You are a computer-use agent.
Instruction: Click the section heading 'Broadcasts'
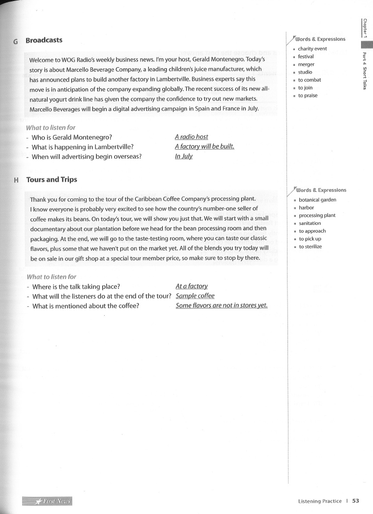(x=44, y=40)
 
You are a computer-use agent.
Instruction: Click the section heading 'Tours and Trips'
(x=52, y=180)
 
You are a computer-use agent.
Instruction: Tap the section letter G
(x=16, y=41)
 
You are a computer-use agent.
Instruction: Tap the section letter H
(x=16, y=180)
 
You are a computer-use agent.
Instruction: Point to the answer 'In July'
(x=183, y=157)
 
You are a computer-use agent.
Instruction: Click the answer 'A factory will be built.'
(x=204, y=147)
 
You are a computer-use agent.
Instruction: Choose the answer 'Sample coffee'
(x=195, y=296)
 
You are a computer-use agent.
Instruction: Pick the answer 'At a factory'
(x=191, y=286)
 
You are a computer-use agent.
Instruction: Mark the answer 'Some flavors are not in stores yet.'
(x=221, y=306)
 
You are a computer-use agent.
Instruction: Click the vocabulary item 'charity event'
(x=312, y=49)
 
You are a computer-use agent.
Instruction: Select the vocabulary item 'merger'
(x=306, y=64)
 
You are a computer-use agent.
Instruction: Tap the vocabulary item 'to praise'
(x=308, y=96)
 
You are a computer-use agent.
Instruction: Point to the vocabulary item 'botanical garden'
(x=317, y=200)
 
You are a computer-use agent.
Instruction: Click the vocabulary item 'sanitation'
(x=310, y=223)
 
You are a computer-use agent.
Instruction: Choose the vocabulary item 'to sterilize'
(x=310, y=247)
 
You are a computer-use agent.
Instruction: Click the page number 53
(x=356, y=501)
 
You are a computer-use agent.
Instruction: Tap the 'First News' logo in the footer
(x=47, y=501)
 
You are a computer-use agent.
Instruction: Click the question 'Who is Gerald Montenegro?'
(x=71, y=137)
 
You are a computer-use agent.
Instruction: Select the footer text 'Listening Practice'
(x=319, y=501)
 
